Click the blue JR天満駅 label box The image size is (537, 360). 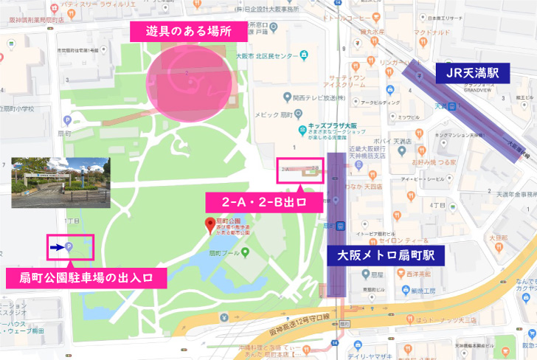(x=473, y=72)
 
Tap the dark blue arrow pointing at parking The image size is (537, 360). (x=57, y=248)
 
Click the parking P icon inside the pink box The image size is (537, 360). (x=69, y=248)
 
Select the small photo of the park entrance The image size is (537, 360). (x=60, y=181)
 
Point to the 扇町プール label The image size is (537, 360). (x=221, y=253)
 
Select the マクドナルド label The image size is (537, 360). (x=432, y=32)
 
